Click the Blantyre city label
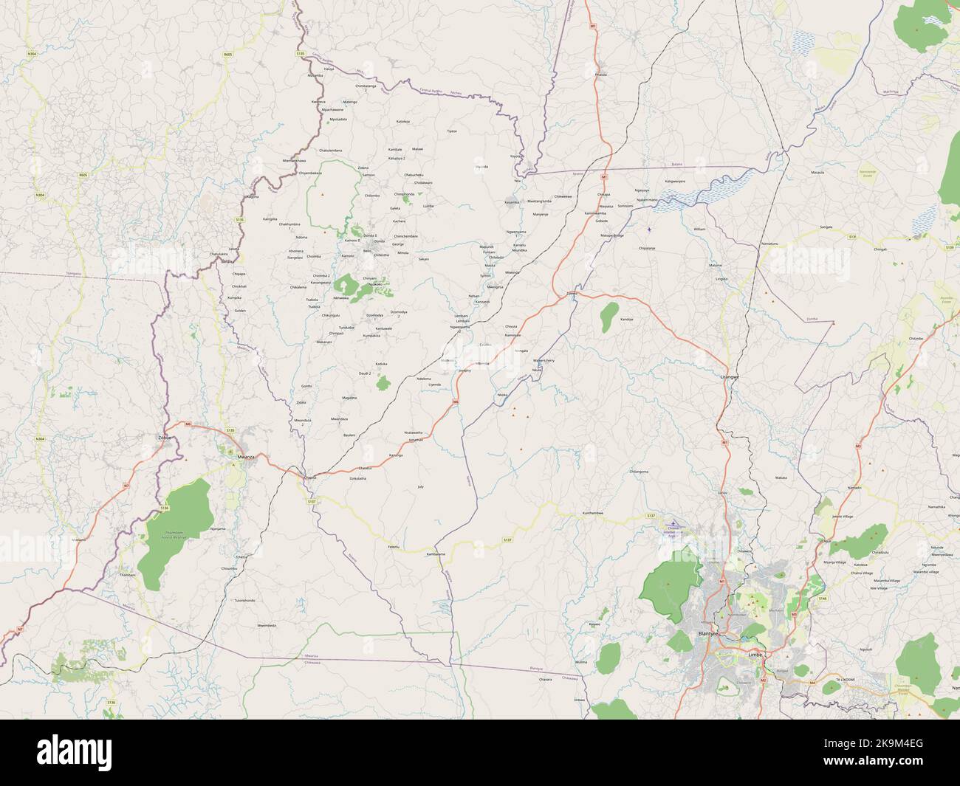click(x=707, y=633)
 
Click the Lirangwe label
click(x=730, y=376)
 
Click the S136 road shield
click(x=164, y=509)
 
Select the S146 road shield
click(x=823, y=599)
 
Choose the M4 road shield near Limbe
click(x=812, y=683)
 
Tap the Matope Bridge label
click(x=612, y=235)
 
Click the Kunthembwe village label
click(x=593, y=513)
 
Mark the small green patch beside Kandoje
click(x=608, y=316)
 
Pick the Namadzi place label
click(x=854, y=488)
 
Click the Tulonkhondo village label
click(x=244, y=601)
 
